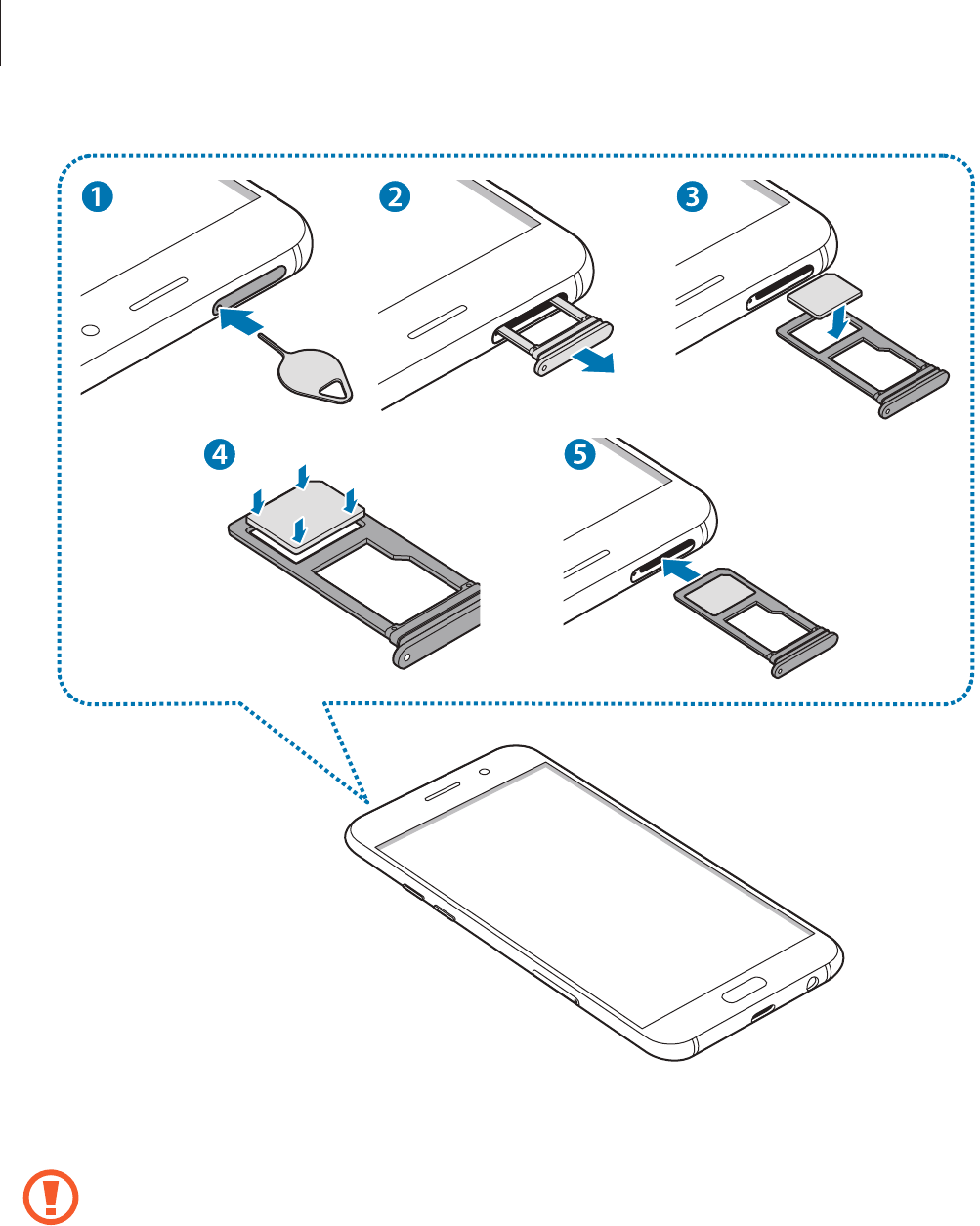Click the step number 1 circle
[97, 196]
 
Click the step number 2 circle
[394, 196]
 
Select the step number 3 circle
[692, 196]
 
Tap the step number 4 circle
[220, 454]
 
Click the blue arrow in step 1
[240, 319]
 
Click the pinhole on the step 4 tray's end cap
[405, 657]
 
